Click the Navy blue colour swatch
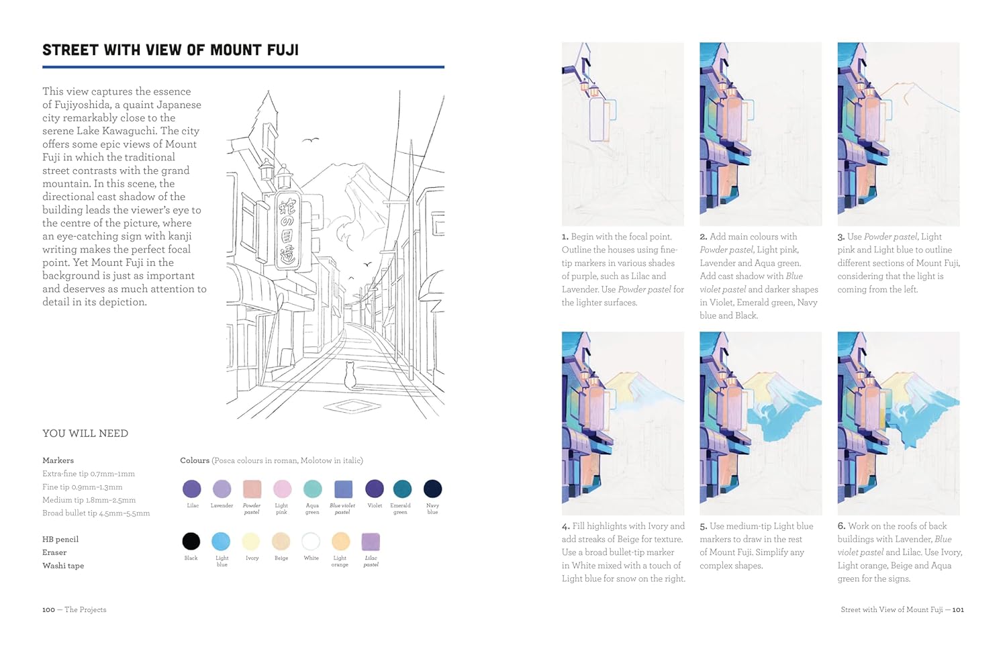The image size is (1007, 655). [x=432, y=489]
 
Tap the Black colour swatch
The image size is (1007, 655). [x=191, y=542]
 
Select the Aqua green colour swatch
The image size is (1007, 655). [x=312, y=489]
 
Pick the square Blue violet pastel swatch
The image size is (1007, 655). [x=344, y=489]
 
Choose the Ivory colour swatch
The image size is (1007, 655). [x=251, y=542]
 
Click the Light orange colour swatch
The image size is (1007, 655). [x=341, y=542]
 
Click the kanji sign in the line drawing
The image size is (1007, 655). [x=288, y=231]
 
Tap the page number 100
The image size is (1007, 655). [x=48, y=609]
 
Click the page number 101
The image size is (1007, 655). [x=958, y=609]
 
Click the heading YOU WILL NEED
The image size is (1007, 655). [x=85, y=434]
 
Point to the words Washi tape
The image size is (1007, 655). [x=63, y=566]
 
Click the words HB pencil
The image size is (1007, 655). [x=60, y=540]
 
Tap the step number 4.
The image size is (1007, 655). [x=565, y=526]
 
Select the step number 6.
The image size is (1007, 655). [x=842, y=526]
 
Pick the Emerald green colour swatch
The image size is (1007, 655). [x=402, y=489]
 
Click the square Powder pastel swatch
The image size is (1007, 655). [x=252, y=489]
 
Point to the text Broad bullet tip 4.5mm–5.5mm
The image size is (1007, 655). [x=96, y=513]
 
